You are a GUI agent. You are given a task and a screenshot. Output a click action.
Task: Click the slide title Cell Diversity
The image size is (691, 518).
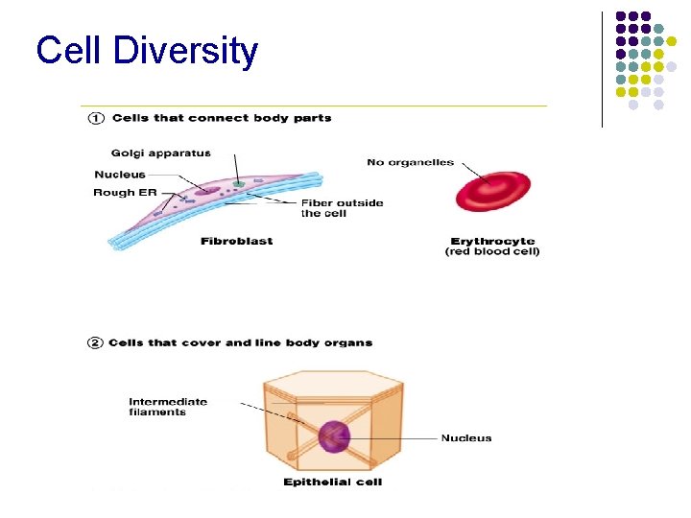147,50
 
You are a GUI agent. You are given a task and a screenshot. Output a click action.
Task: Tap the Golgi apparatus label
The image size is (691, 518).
160,153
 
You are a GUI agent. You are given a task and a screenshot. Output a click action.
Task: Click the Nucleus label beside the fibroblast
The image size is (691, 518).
120,174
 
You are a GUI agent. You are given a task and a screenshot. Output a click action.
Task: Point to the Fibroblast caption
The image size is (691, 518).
236,241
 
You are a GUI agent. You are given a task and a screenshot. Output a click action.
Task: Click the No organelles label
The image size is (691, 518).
410,162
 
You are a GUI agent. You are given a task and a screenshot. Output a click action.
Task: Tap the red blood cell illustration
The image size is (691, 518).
493,190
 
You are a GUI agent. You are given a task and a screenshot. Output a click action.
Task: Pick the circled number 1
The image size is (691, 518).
96,118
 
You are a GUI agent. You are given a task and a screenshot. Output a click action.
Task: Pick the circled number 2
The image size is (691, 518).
96,342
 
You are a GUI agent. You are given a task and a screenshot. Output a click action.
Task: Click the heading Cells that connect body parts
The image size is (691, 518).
222,118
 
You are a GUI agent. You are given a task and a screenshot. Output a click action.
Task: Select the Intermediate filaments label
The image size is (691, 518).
168,407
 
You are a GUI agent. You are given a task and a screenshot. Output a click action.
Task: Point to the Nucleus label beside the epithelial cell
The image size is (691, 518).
465,438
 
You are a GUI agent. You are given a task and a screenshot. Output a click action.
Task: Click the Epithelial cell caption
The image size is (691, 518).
332,482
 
